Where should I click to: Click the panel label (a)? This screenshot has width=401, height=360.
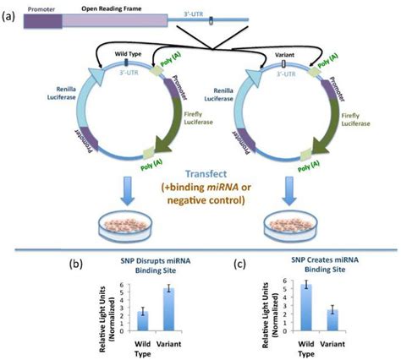pos(11,19)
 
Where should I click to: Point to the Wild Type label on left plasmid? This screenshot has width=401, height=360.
pos(126,55)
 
